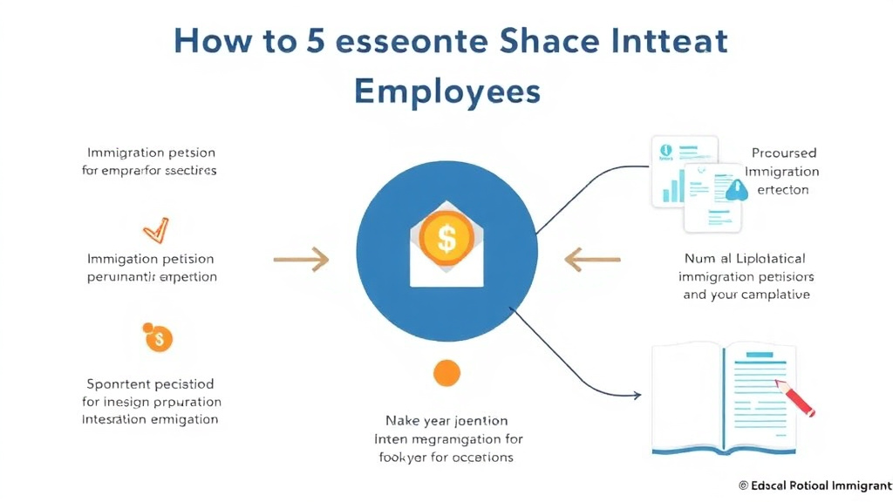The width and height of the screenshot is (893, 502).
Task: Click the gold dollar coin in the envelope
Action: click(446, 234)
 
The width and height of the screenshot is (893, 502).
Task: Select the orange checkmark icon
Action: click(155, 230)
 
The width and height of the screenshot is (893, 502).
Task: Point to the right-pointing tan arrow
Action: click(301, 259)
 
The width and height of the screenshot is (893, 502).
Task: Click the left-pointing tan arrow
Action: click(592, 259)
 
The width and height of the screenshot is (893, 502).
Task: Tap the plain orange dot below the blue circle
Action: click(446, 372)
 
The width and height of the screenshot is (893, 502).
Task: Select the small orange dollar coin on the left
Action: click(158, 339)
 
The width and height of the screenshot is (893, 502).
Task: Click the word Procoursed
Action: click(783, 153)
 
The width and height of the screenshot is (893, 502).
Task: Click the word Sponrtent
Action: click(120, 383)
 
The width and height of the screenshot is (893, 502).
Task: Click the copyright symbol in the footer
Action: click(743, 485)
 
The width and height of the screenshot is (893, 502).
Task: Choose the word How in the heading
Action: click(215, 42)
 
